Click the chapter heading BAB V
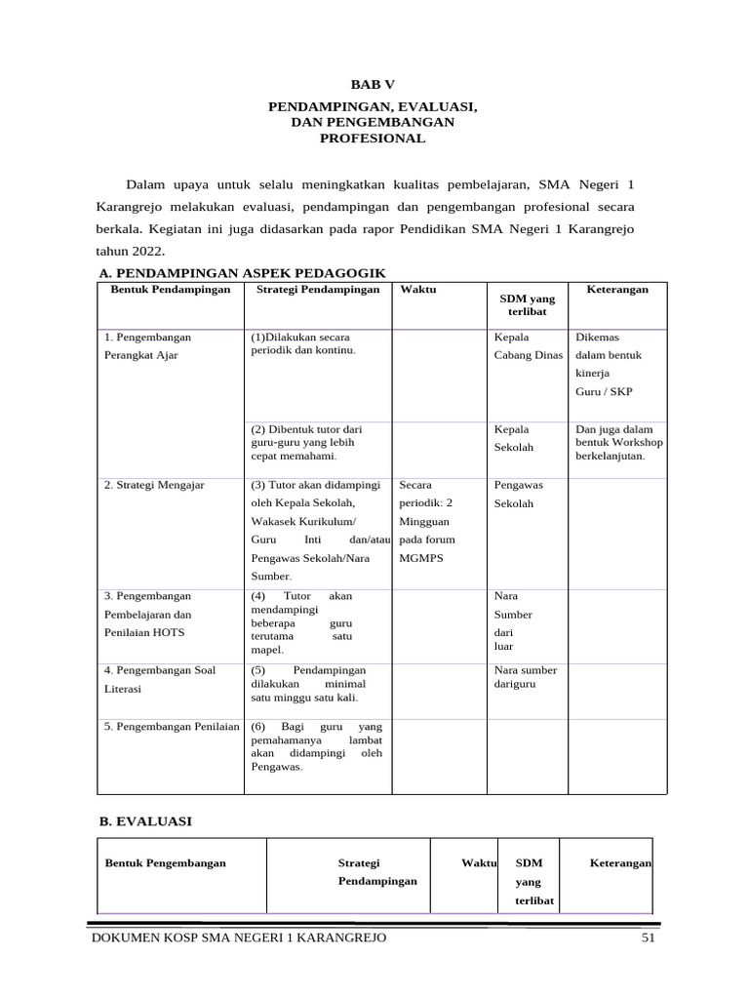pos(374,85)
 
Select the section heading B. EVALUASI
pos(146,821)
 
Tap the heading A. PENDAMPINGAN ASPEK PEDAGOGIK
pos(243,273)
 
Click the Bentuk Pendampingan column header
pos(171,290)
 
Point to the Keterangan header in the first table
pos(616,290)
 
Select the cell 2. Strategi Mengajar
pos(154,485)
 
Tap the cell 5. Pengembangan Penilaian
pos(171,726)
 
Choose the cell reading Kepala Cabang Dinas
pos(528,345)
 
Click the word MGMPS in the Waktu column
pos(420,558)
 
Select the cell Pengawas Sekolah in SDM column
pos(518,494)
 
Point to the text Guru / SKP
pos(604,391)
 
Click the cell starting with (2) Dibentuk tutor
pos(306,442)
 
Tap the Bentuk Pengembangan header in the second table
pos(166,862)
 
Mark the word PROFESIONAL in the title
pos(374,139)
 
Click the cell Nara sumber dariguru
pos(526,677)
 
